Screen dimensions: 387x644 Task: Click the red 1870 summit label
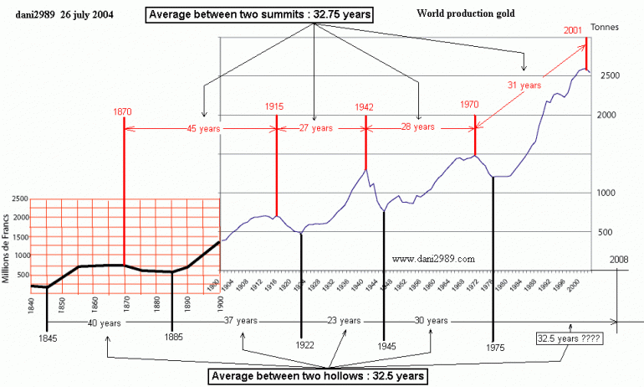point(122,110)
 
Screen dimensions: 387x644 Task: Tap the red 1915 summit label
point(275,106)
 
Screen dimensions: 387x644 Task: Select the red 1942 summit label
point(365,106)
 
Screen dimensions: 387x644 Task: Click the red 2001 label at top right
point(574,29)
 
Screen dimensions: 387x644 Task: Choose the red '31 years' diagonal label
point(525,85)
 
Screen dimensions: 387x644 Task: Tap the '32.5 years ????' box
point(569,338)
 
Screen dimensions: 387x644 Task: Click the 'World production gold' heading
point(465,14)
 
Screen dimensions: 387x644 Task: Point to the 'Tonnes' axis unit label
point(604,28)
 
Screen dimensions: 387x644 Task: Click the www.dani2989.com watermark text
point(432,259)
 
